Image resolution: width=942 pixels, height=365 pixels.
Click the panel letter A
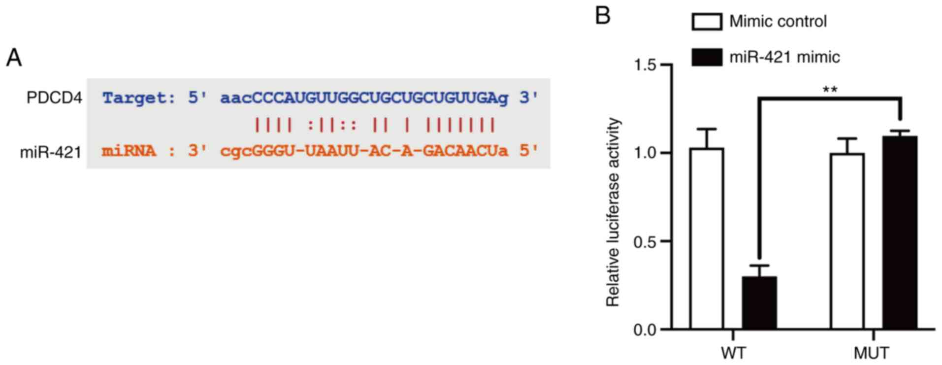click(x=14, y=58)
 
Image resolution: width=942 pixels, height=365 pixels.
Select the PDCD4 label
click(x=54, y=98)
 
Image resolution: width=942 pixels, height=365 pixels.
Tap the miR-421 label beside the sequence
click(x=51, y=152)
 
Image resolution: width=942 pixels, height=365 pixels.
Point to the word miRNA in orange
click(x=129, y=151)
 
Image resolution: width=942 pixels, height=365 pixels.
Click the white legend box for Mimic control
click(x=707, y=22)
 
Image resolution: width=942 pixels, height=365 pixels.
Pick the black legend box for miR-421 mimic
click(x=707, y=57)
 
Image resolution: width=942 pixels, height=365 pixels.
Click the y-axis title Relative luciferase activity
click(x=613, y=212)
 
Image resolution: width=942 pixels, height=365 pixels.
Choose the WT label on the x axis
click(x=733, y=353)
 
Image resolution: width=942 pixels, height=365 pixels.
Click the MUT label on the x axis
click(x=872, y=353)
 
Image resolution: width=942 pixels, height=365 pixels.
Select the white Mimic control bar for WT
click(x=707, y=239)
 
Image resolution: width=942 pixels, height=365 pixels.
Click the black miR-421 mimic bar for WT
click(x=759, y=303)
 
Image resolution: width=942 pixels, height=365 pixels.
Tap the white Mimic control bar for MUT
click(x=847, y=241)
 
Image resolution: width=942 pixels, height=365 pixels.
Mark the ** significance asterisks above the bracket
click(x=830, y=90)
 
